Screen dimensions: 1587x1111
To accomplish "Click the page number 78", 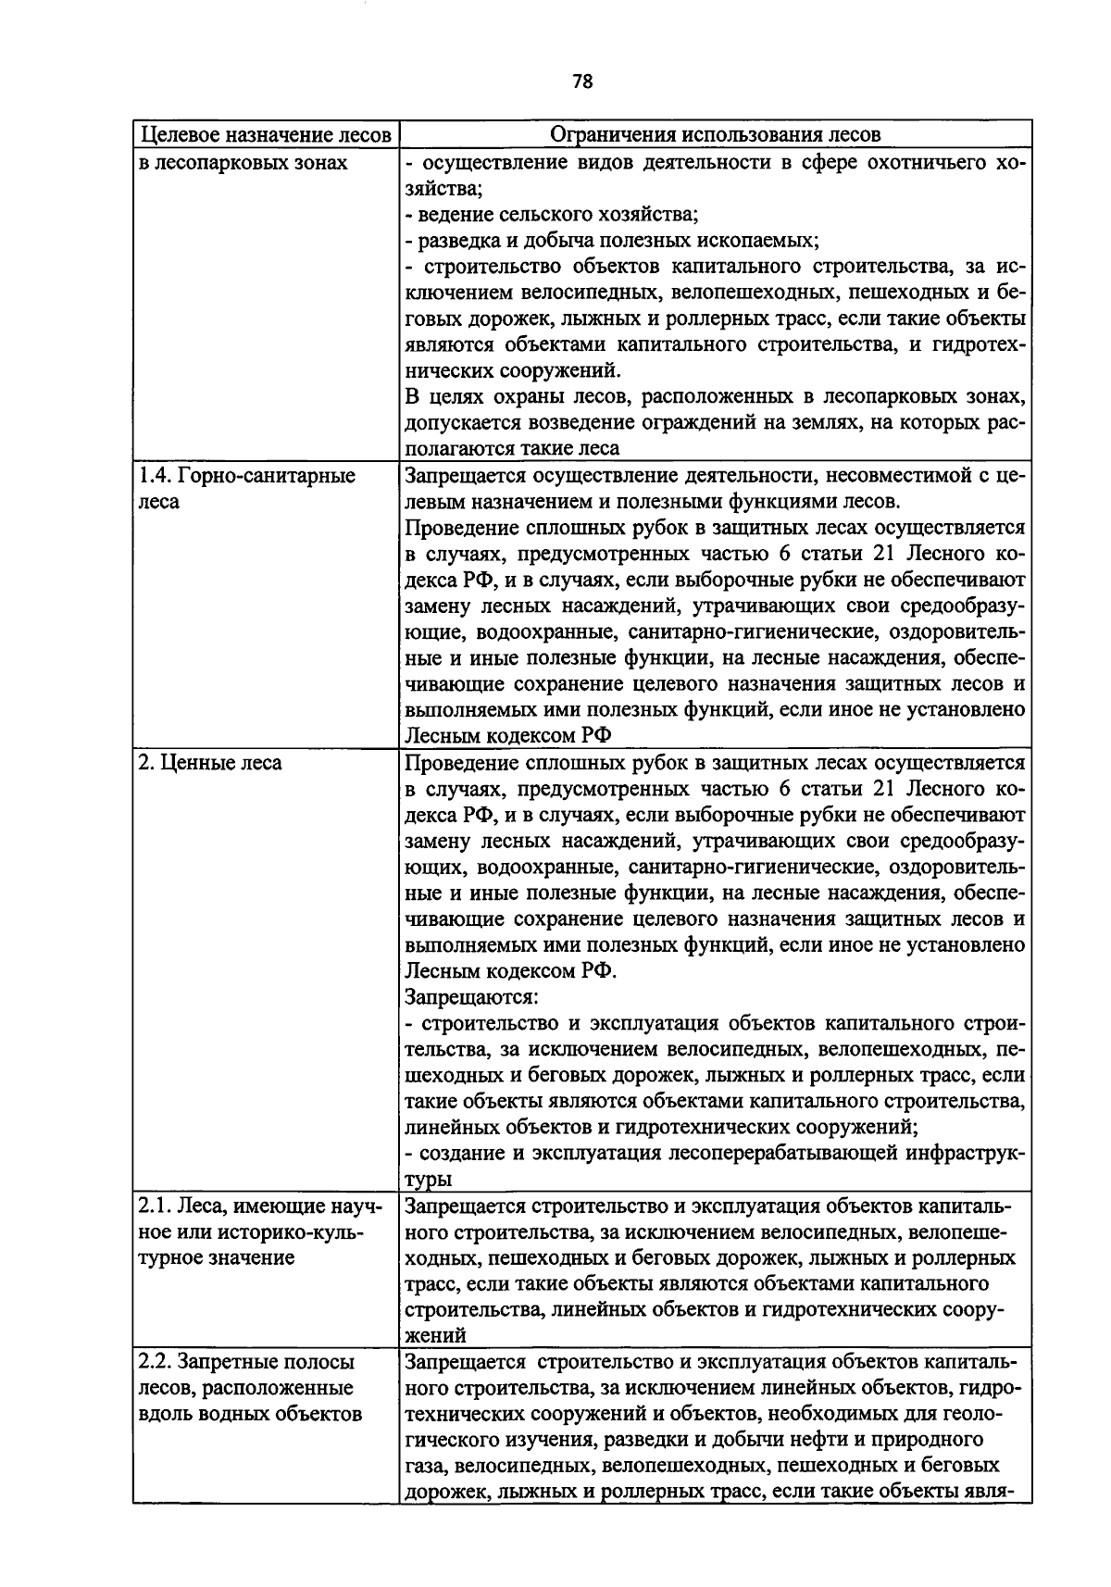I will [x=582, y=81].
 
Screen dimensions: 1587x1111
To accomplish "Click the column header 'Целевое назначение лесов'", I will [x=265, y=135].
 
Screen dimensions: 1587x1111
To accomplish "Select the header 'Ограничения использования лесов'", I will [x=715, y=135].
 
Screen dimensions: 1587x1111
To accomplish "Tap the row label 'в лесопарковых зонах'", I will [x=243, y=163].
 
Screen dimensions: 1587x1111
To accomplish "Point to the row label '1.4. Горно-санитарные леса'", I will [x=246, y=489].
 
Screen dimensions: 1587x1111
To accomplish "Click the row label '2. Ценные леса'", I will [x=210, y=763].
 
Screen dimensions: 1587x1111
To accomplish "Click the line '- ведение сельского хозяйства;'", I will [x=552, y=215].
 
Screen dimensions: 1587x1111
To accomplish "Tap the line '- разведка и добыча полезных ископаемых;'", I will [x=612, y=241].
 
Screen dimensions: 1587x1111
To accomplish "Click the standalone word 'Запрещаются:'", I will [x=472, y=998].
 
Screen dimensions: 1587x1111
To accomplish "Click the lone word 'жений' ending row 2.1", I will [x=435, y=1335].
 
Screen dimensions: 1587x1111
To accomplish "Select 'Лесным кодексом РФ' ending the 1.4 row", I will [x=508, y=736].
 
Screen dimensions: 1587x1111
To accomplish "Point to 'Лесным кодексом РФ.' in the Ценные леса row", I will [x=510, y=971].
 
